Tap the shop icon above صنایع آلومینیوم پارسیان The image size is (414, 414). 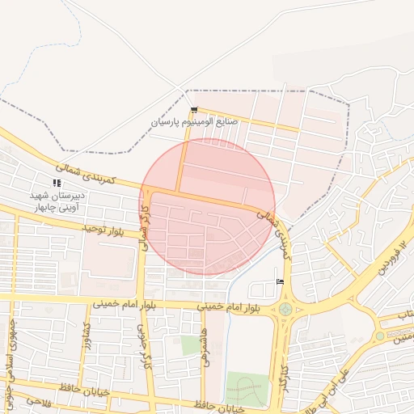click(193, 110)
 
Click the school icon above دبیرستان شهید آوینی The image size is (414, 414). click(57, 184)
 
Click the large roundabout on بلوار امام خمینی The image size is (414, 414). click(285, 309)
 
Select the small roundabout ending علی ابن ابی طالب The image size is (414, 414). click(379, 336)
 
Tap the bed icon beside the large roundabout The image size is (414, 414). click(280, 281)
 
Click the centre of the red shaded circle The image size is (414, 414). click(207, 207)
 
